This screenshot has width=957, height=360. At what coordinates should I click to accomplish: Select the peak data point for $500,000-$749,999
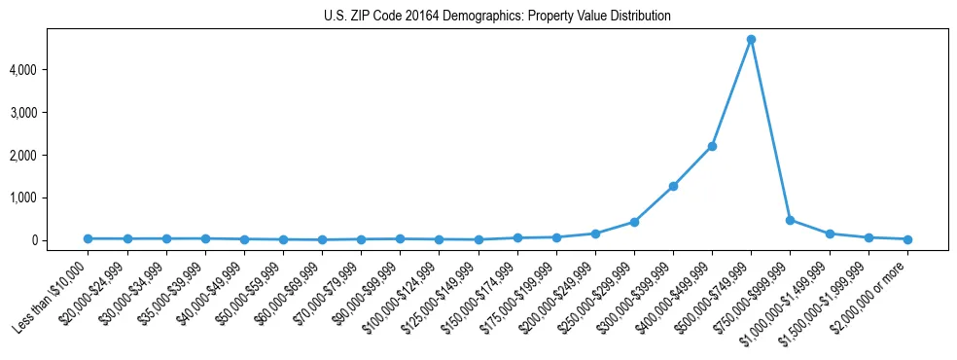(x=751, y=40)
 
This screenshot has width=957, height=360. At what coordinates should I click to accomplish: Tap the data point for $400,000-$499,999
(x=712, y=146)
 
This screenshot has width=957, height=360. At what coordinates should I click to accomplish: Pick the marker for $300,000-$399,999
(x=673, y=186)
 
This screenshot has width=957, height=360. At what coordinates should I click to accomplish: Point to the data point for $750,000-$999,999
(x=791, y=220)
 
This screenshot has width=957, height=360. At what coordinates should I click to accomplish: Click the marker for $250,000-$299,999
(x=634, y=222)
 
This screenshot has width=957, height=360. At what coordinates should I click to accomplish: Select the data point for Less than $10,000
(x=88, y=238)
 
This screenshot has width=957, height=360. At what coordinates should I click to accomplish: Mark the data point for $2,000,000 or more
(x=907, y=238)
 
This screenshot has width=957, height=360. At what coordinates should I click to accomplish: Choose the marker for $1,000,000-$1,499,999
(x=830, y=234)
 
